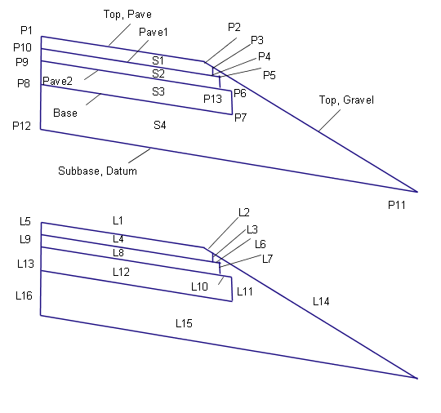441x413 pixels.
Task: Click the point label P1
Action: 26,30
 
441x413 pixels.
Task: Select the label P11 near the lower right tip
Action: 397,205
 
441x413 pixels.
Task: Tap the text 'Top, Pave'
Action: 127,15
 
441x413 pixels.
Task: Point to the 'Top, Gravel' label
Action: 346,100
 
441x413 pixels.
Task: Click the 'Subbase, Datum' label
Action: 97,171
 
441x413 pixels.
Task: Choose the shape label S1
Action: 158,60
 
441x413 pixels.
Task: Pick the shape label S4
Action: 160,125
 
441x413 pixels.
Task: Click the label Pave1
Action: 154,32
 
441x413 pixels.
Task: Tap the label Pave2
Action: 58,81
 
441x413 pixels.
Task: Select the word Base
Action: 65,113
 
